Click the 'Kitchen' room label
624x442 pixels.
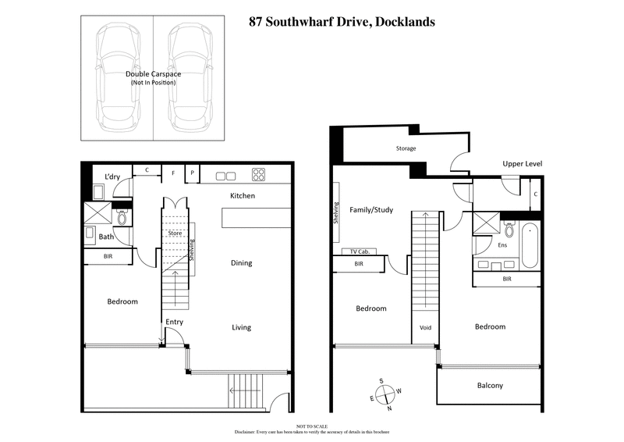(x=242, y=195)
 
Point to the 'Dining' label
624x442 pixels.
(x=241, y=263)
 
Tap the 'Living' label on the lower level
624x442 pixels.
(x=241, y=327)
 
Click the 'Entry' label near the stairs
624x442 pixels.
(x=174, y=322)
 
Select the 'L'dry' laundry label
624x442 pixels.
(x=112, y=177)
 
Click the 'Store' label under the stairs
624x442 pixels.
(x=175, y=233)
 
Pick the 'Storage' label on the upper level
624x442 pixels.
(x=406, y=148)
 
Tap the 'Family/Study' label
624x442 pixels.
(x=371, y=210)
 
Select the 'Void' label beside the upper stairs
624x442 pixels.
(x=425, y=327)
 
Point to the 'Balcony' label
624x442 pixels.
(x=490, y=386)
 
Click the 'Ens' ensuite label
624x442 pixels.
(x=503, y=244)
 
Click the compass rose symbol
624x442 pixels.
(x=388, y=394)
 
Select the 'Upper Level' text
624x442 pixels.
(x=522, y=164)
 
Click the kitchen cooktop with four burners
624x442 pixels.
(x=258, y=174)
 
